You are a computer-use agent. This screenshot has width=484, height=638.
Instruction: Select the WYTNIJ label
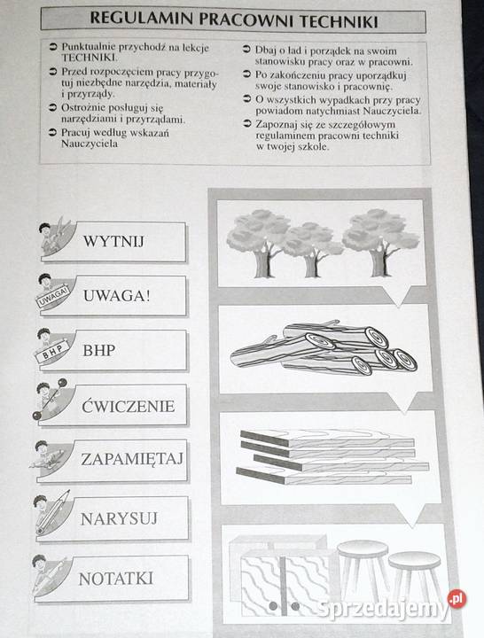pos(114,241)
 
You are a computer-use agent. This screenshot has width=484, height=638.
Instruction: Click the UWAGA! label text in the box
pos(117,296)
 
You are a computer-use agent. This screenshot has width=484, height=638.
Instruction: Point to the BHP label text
pos(99,350)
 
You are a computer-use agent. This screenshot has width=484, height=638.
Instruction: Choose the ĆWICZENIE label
pos(129,406)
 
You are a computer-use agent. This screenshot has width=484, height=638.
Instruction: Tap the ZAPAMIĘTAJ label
pos(132,459)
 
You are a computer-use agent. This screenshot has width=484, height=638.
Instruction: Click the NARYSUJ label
pos(119,518)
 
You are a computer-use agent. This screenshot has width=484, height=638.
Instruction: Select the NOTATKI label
pos(116,579)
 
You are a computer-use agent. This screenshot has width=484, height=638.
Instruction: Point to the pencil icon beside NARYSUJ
pos(52,512)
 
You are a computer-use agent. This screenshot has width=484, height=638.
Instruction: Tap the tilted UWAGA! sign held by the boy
pos(52,295)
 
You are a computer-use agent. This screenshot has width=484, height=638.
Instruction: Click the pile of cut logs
pos(324,349)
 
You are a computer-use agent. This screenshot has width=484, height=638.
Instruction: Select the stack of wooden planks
pos(332,456)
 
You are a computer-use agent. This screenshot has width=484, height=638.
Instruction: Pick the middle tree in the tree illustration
pos(311,249)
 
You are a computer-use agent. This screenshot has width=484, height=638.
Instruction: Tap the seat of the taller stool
pos(363,549)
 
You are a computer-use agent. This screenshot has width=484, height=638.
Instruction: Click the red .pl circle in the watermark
pos(457,598)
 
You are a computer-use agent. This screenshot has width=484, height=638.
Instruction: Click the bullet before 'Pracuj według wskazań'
pos(52,133)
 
